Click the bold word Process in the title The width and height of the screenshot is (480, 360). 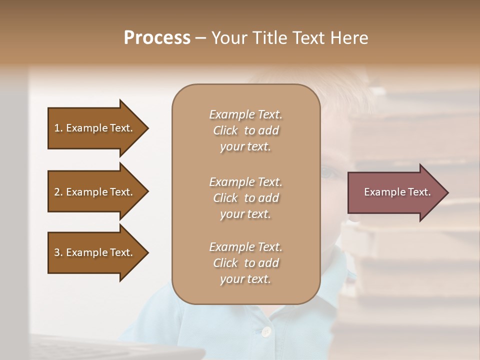157,38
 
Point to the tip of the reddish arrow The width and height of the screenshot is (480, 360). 447,192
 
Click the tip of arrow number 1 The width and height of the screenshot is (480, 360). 147,128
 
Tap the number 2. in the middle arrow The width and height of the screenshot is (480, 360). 58,192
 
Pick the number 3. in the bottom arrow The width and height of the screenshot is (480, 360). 58,252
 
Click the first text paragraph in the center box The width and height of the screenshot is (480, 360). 245,130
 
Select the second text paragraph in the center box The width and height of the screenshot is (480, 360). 245,197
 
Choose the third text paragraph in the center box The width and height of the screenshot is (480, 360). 245,263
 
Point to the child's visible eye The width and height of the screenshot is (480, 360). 327,173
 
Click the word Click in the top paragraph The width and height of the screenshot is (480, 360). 225,131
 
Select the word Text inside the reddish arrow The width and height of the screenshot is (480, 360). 419,192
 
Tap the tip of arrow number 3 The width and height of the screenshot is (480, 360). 147,252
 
